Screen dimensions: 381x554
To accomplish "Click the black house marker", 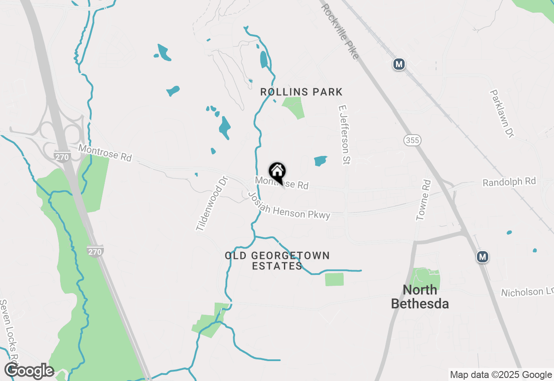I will click(277, 172).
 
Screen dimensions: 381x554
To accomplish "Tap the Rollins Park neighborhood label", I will click(301, 92).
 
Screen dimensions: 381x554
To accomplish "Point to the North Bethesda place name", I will click(419, 297).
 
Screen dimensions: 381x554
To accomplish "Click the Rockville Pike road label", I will click(340, 31).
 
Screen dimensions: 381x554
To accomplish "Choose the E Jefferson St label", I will click(345, 134).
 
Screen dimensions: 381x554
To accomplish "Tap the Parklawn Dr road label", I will click(502, 113).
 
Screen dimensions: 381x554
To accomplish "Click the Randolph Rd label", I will click(509, 181).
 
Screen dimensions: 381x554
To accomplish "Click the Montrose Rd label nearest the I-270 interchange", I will click(105, 153).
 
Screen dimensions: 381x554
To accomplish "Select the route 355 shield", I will click(412, 140).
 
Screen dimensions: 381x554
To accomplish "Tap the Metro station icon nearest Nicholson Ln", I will click(483, 257).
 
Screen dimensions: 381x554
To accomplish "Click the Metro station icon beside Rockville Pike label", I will click(399, 65).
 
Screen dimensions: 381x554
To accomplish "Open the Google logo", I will click(29, 371).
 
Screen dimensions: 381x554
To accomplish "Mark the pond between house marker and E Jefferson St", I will click(320, 161).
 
